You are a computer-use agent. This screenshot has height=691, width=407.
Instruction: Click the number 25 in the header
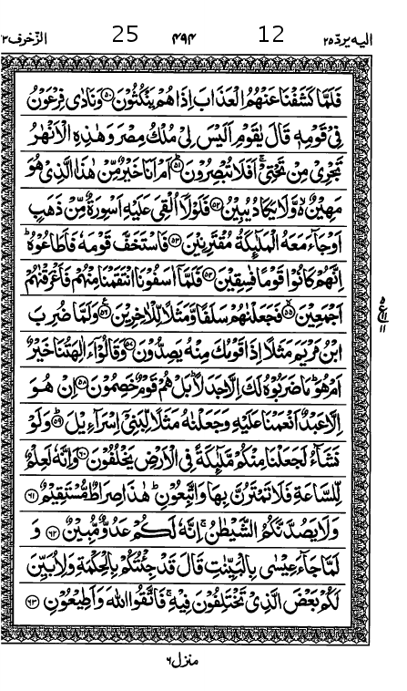point(125,36)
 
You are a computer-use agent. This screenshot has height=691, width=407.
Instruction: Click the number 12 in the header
point(271,36)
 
